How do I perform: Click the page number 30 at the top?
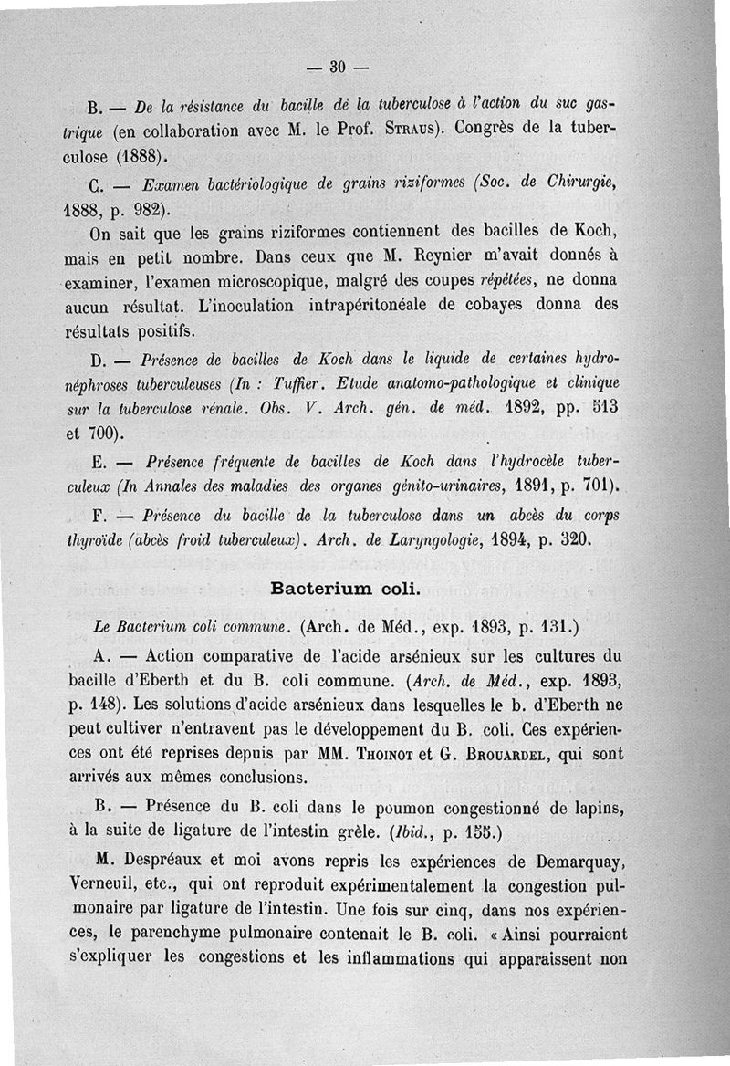(337, 66)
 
